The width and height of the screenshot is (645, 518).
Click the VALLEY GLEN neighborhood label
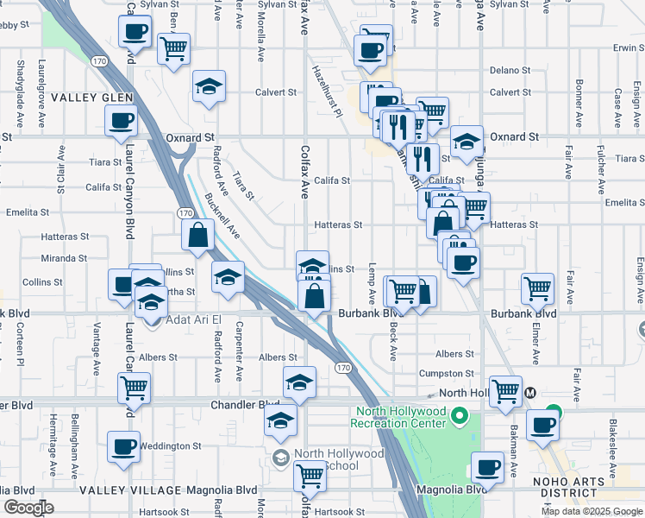[x=91, y=98]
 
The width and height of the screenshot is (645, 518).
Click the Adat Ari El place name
[x=191, y=320]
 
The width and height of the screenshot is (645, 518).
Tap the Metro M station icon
[x=530, y=392]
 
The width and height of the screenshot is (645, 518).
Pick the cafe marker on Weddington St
[x=123, y=447]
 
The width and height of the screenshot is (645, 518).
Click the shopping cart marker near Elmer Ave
[x=537, y=287]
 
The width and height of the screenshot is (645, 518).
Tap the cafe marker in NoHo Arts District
[x=543, y=425]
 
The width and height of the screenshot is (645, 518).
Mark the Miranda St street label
[x=66, y=258]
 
